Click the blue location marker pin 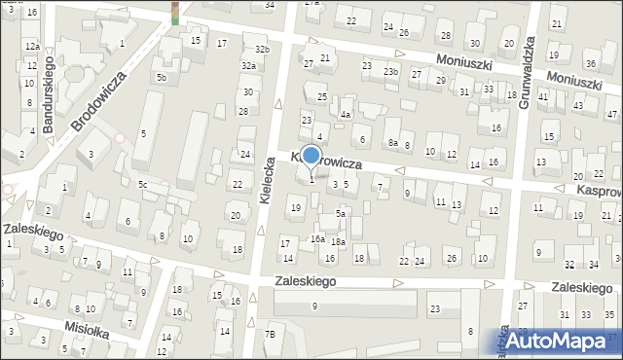(311, 156)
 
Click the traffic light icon (176, 12)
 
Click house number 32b (262, 49)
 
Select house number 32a (249, 66)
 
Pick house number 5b (163, 78)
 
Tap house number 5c (142, 184)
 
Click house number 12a (32, 47)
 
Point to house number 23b (390, 72)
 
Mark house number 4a (345, 114)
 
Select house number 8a (393, 143)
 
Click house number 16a (317, 238)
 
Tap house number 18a (338, 241)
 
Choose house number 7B (272, 335)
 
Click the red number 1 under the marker (311, 179)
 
